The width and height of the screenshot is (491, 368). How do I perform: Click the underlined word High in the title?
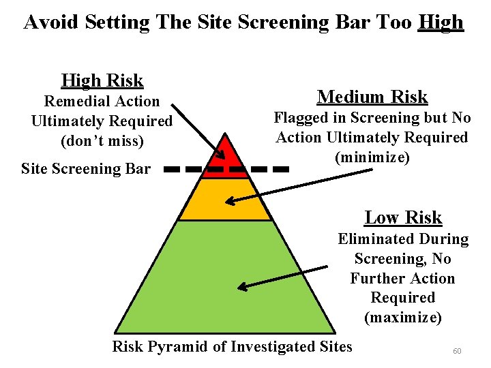tap(441, 22)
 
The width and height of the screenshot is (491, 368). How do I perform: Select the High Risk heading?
tap(102, 80)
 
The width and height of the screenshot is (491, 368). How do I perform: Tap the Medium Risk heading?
tap(372, 97)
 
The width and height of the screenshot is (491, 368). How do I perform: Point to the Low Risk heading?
tap(403, 217)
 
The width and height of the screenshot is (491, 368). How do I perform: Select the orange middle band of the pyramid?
tap(225, 199)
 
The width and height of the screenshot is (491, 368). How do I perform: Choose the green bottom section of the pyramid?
tap(225, 279)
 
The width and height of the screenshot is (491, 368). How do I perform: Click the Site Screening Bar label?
tap(86, 168)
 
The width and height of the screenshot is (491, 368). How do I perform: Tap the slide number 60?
tap(457, 351)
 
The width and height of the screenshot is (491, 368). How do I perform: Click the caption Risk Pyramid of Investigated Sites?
tap(232, 346)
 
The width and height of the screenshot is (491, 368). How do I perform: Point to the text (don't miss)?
tap(102, 141)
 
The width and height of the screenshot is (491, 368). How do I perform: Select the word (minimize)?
tap(372, 157)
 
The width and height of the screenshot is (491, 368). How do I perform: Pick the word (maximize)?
tap(403, 318)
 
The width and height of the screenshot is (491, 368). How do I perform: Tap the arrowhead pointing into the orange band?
tap(230, 201)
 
